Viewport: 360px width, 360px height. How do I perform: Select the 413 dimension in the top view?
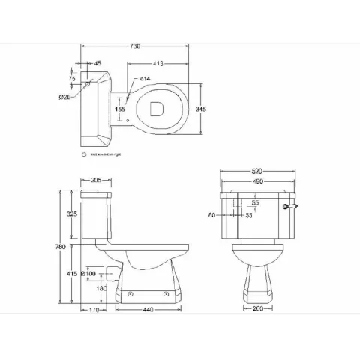(158, 63)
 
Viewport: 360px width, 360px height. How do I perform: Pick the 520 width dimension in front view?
(256, 170)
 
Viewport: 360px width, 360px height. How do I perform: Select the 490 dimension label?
(256, 181)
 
